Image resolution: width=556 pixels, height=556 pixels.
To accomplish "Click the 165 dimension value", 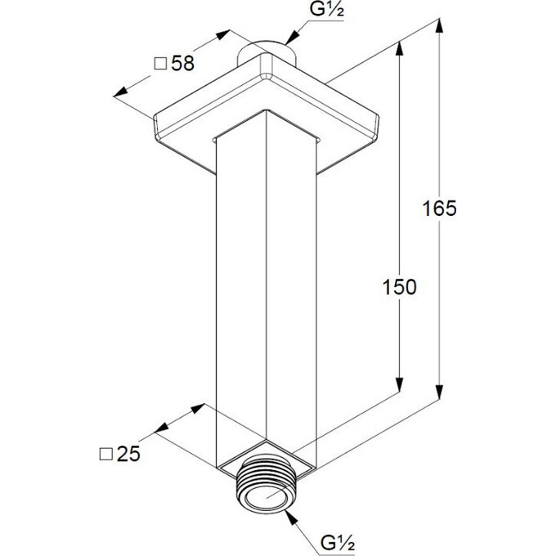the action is point(439,208).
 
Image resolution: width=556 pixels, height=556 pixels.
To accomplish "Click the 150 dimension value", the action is point(399,287).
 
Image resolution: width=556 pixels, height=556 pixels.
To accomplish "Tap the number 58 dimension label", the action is point(183,64).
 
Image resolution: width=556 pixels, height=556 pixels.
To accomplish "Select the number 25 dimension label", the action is point(128,454).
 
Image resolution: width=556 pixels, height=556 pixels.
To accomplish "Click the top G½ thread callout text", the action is point(326,10).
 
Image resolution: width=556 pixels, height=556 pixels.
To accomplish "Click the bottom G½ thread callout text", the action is point(338,543).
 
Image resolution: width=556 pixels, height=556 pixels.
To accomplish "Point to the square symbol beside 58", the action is point(160,64).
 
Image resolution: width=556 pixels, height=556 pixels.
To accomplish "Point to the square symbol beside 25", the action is point(106,454).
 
